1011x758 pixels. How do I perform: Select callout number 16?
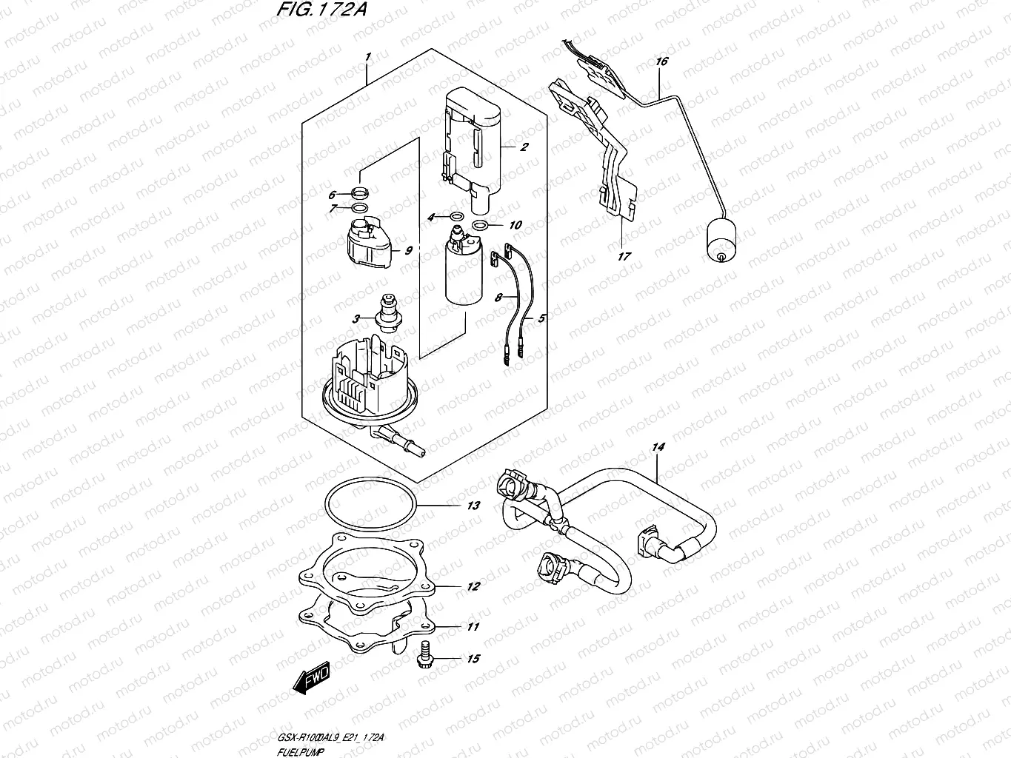tap(661, 61)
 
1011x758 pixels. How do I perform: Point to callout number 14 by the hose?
tap(658, 447)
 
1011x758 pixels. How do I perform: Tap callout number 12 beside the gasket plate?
tap(473, 586)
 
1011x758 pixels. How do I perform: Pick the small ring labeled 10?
tap(480, 225)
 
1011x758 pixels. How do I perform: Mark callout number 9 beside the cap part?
tap(407, 250)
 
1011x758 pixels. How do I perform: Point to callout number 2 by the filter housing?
tap(524, 147)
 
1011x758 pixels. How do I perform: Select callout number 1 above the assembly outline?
tap(368, 57)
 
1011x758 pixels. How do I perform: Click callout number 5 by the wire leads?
tap(541, 318)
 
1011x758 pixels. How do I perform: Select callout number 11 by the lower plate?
tap(473, 626)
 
